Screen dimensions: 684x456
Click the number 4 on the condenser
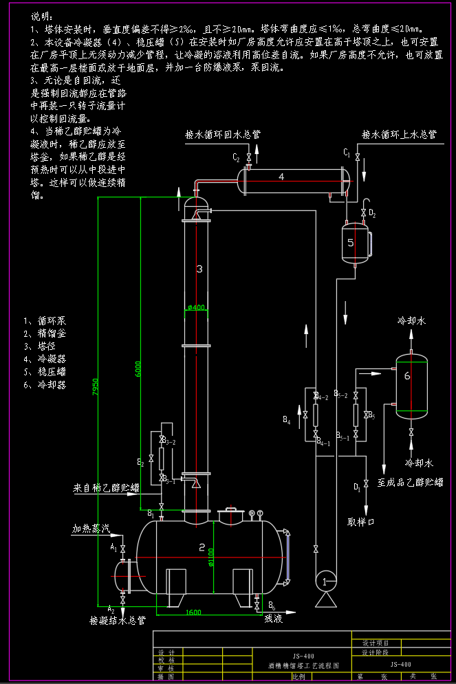(281, 177)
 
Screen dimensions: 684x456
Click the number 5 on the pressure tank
(350, 243)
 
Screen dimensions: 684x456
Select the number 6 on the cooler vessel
(407, 375)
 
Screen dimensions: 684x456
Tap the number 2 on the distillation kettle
(202, 547)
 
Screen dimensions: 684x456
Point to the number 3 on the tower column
(199, 269)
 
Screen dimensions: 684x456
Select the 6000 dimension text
(139, 368)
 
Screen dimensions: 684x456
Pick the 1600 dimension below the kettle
(194, 612)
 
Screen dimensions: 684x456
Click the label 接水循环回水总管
(222, 135)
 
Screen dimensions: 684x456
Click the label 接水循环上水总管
(399, 135)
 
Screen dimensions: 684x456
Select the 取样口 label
(361, 521)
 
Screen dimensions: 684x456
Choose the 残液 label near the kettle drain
(274, 618)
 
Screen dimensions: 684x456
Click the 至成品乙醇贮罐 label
(411, 483)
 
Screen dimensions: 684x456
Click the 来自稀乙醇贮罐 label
(107, 488)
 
